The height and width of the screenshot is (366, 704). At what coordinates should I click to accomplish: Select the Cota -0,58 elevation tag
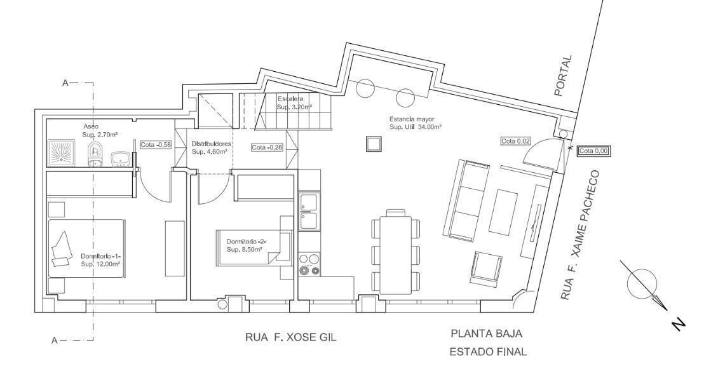[x=155, y=144]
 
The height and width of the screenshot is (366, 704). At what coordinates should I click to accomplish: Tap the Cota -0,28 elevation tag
[x=267, y=147]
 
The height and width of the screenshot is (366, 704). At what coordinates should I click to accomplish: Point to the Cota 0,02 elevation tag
[x=515, y=141]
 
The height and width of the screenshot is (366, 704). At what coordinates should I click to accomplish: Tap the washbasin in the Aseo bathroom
[x=121, y=157]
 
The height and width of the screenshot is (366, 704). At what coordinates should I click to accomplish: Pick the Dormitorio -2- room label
[x=247, y=245]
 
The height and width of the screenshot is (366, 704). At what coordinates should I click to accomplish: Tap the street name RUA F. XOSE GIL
[x=290, y=337]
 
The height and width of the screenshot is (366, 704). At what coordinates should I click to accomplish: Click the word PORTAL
[x=563, y=76]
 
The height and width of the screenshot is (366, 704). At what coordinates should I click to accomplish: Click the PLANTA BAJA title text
[x=487, y=334]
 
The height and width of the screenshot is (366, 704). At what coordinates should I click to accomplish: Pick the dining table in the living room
[x=395, y=252]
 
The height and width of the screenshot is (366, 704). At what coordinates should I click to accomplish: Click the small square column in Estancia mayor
[x=371, y=145]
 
